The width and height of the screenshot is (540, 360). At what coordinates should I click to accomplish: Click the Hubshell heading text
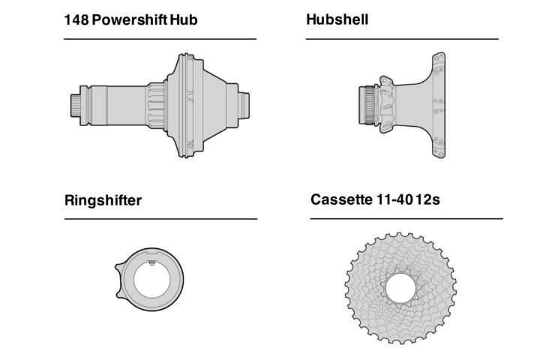[x=337, y=20]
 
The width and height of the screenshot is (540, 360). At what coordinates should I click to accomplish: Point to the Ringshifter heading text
[x=103, y=200]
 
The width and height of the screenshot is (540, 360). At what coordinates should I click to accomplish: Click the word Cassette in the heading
[x=341, y=200]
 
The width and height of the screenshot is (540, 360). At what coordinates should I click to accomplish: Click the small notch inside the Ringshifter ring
[x=153, y=262]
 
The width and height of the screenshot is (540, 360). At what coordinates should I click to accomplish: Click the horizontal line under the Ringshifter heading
[x=160, y=219]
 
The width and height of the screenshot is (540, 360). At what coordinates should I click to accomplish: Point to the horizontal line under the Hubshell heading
[x=402, y=39]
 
